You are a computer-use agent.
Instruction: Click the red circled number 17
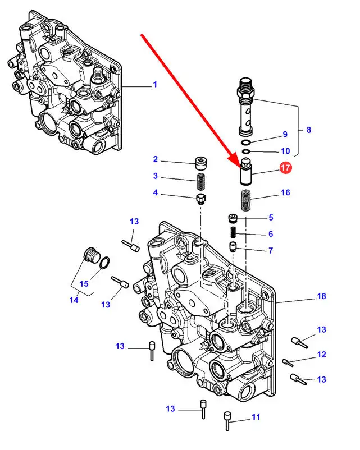tap(285, 167)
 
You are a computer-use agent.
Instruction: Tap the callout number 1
tap(154, 85)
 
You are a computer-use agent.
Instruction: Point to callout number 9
tap(285, 135)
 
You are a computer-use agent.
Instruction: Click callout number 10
tap(285, 151)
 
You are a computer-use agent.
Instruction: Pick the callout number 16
tap(285, 193)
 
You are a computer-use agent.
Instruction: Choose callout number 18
tap(321, 296)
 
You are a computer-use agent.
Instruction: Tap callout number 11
tap(256, 417)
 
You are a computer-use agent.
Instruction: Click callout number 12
tap(321, 354)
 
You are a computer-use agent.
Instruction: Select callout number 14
tap(74, 300)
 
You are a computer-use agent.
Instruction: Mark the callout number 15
tap(84, 283)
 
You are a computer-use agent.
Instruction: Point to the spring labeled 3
tap(201, 182)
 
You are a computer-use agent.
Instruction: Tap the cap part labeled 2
tap(200, 163)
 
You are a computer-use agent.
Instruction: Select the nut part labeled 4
tap(200, 199)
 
